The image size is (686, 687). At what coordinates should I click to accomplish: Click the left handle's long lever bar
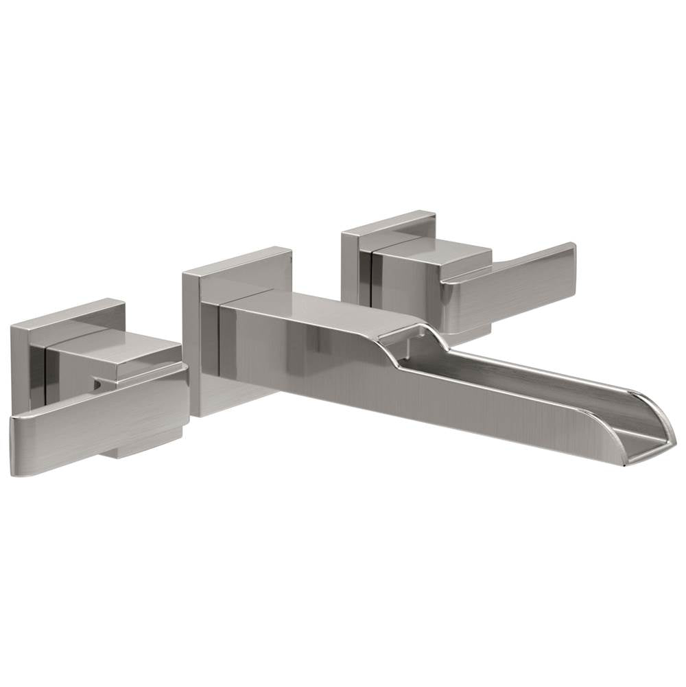pyautogui.click(x=96, y=426)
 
